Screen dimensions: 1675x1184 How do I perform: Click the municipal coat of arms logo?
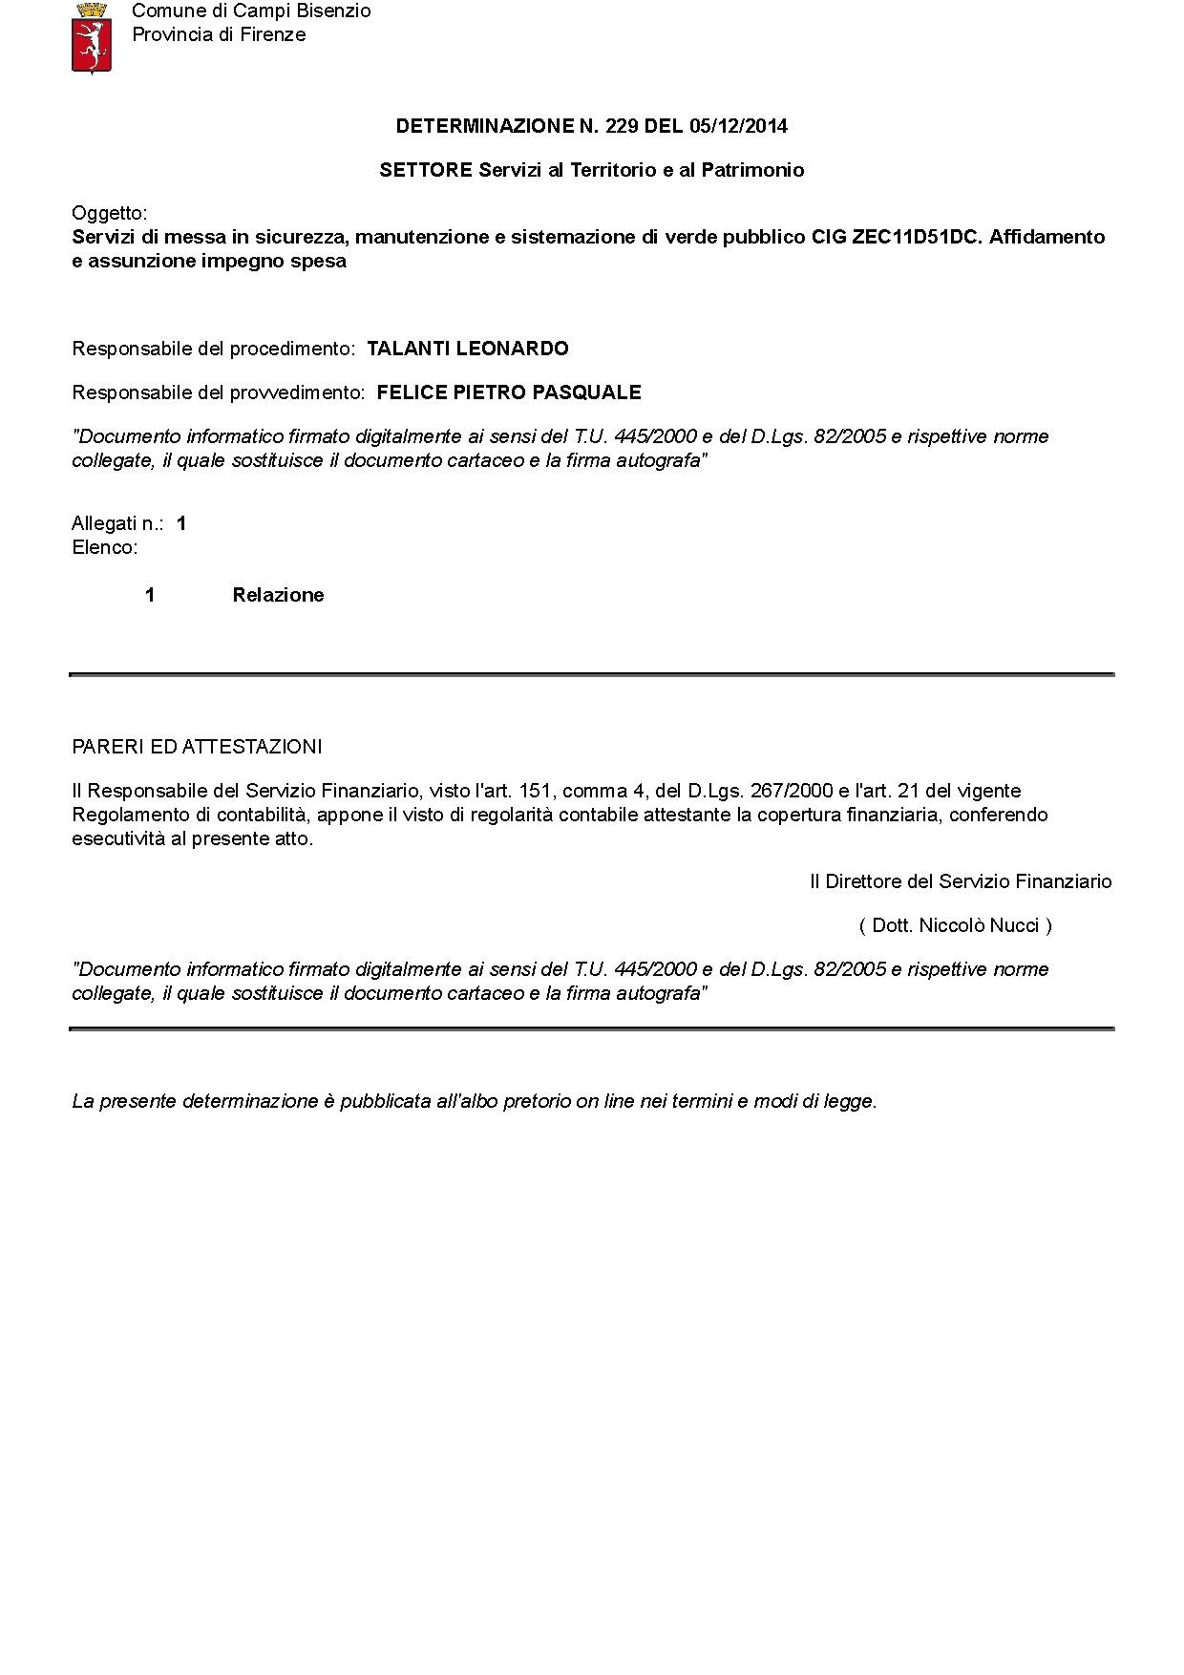point(92,37)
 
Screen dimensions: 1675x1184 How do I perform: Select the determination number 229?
point(622,126)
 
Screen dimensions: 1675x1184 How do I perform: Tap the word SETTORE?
point(426,170)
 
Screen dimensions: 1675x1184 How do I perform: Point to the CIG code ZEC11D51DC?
point(916,237)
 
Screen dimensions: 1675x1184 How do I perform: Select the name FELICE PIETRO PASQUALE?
point(509,392)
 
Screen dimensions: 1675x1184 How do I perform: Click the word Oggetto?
point(109,213)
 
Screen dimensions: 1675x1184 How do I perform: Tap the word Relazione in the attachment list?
point(278,595)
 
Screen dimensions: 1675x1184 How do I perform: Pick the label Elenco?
point(105,548)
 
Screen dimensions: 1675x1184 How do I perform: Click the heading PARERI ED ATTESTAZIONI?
point(197,747)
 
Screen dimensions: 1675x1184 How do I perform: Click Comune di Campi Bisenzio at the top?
point(251,11)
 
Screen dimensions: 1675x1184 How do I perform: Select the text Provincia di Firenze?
point(219,35)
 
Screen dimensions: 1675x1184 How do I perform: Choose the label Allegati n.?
point(117,523)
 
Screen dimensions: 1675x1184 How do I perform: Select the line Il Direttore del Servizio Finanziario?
point(961,881)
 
